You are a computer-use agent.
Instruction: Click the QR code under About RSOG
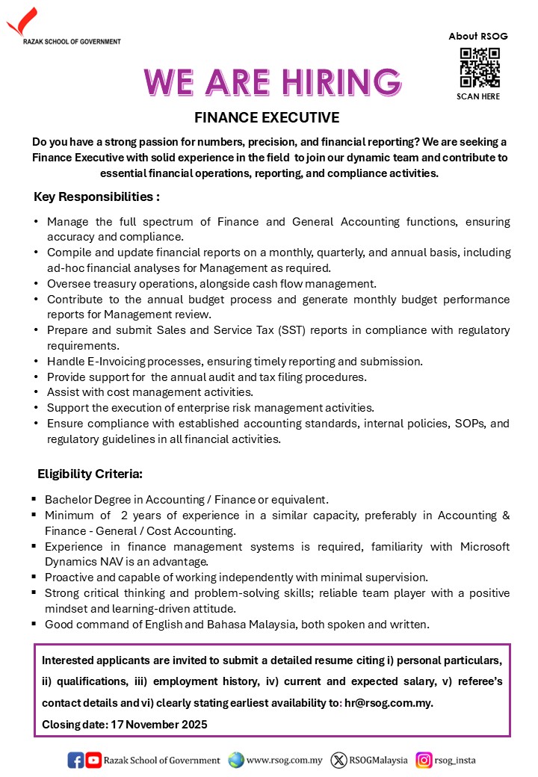pyautogui.click(x=479, y=68)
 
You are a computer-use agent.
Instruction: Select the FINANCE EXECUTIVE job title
pyautogui.click(x=267, y=118)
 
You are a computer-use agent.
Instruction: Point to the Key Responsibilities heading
pyautogui.click(x=97, y=197)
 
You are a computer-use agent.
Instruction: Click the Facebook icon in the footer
pyautogui.click(x=75, y=761)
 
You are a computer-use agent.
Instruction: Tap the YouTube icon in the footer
pyautogui.click(x=93, y=761)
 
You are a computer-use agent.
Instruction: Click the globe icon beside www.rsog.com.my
pyautogui.click(x=236, y=761)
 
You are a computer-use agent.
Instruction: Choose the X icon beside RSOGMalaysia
pyautogui.click(x=338, y=761)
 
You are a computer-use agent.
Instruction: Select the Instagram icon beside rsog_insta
pyautogui.click(x=424, y=761)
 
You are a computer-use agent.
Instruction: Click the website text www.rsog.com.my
pyautogui.click(x=285, y=761)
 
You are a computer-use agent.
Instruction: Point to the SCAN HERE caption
pyautogui.click(x=478, y=96)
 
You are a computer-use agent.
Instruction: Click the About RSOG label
pyautogui.click(x=478, y=36)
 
